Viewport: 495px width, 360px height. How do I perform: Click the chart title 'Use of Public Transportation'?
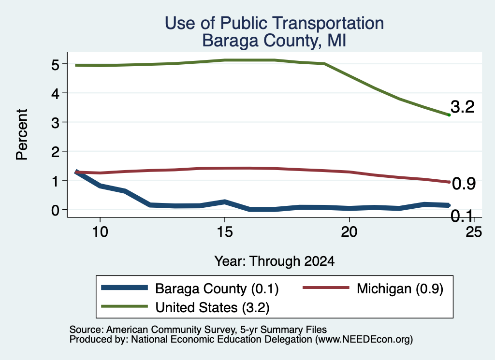coord(275,23)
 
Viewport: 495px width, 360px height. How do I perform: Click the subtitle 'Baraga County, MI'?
coord(274,41)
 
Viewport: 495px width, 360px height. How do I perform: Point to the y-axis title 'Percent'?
coord(22,134)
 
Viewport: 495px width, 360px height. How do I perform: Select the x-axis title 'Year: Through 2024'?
coord(275,261)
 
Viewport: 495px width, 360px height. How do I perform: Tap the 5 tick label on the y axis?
coord(55,65)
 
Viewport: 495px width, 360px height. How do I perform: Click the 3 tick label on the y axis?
coord(55,123)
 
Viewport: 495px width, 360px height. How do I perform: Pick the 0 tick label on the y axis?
coord(55,210)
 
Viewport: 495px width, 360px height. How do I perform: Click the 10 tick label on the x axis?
coord(100,232)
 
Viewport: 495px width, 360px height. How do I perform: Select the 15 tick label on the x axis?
coord(225,232)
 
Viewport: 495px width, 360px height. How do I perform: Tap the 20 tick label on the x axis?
coord(349,232)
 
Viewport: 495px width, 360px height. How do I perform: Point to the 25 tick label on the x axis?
coord(474,232)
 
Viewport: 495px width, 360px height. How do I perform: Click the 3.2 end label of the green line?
coord(463,107)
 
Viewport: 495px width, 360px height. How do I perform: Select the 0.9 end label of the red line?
coord(464,184)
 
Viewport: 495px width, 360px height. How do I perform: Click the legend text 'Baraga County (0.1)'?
coord(217,288)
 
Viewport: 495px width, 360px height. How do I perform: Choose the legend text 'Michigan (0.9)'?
coord(400,288)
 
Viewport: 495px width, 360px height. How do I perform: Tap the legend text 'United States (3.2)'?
coord(213,307)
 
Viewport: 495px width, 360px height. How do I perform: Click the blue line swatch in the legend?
coord(124,288)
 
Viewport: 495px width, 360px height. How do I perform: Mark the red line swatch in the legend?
coord(326,288)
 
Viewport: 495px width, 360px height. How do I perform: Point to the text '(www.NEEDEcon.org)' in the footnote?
coord(364,340)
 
